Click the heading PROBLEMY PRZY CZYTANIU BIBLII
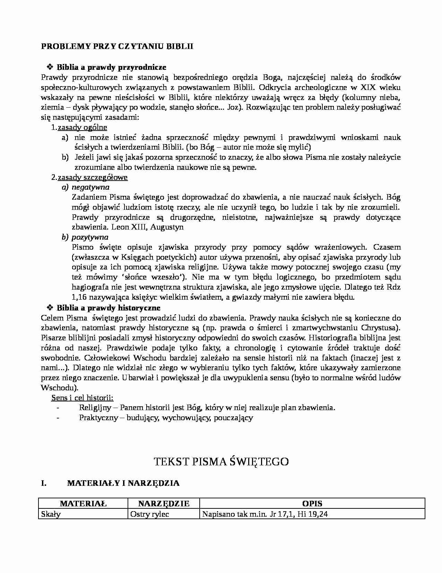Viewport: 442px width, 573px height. pyautogui.click(x=117, y=47)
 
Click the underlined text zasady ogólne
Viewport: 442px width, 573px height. pyautogui.click(x=82, y=127)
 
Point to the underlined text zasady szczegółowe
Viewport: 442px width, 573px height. pyautogui.click(x=93, y=177)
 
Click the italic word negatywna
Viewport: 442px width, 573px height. pyautogui.click(x=90, y=187)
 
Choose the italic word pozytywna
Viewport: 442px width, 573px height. pyautogui.click(x=90, y=237)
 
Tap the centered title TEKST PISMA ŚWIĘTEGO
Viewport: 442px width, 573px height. pyautogui.click(x=221, y=462)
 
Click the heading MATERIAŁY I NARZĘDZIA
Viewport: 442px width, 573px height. pyautogui.click(x=123, y=483)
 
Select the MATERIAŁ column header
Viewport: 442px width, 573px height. pyautogui.click(x=83, y=504)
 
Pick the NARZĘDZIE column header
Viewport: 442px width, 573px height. pyautogui.click(x=164, y=504)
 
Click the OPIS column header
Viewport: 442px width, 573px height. pyautogui.click(x=312, y=504)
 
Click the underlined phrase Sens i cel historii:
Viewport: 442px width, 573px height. pyautogui.click(x=83, y=398)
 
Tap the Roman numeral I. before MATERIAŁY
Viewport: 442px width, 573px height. pyautogui.click(x=44, y=483)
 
